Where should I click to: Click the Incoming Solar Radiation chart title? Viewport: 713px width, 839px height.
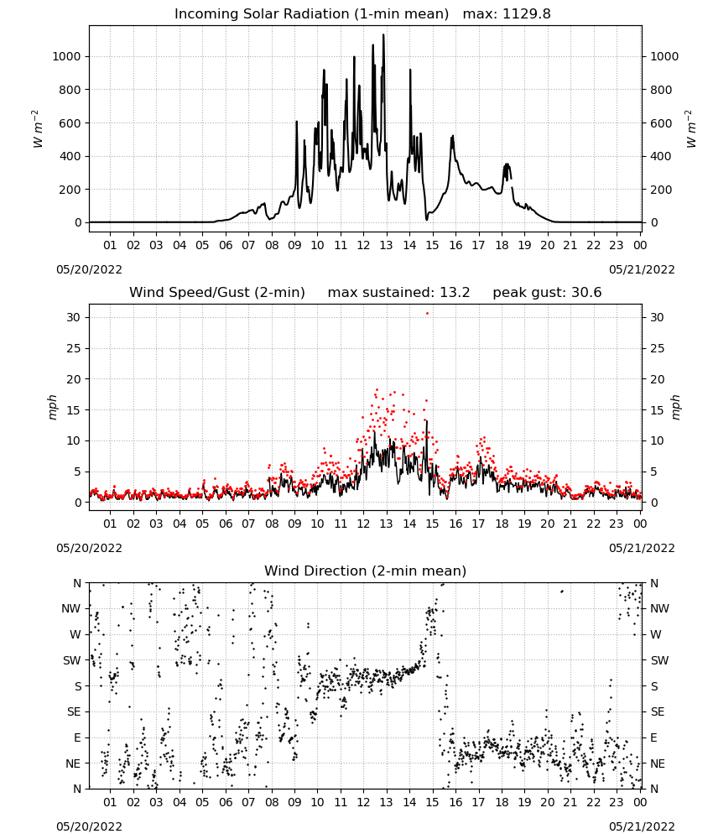coord(311,14)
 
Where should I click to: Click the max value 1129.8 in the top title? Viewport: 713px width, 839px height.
coord(527,14)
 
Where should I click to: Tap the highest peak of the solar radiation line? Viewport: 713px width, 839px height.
coord(383,35)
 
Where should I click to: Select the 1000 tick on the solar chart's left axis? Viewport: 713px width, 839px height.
coord(66,56)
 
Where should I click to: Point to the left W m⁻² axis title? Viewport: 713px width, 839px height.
coord(37,129)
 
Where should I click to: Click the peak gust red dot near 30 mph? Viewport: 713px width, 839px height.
coord(427,313)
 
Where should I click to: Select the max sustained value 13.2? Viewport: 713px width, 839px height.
coord(455,293)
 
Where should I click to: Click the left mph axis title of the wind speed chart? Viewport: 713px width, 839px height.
coord(52,407)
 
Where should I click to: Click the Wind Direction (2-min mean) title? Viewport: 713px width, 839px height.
coord(366,571)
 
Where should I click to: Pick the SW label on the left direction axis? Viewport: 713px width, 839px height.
coord(71,660)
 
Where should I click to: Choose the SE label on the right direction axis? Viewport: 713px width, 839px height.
coord(658,711)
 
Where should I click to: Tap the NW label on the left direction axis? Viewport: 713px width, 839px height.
coord(71,608)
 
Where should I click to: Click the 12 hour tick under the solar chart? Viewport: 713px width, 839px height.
coord(363,245)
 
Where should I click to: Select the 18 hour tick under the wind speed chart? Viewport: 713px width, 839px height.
coord(502,524)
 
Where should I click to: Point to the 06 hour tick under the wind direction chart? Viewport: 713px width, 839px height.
coord(225,802)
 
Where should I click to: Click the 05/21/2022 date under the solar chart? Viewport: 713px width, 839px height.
coord(642,269)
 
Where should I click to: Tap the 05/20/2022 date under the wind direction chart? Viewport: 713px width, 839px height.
coord(89,826)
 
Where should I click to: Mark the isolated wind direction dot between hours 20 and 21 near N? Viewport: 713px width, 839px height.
coord(562,591)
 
